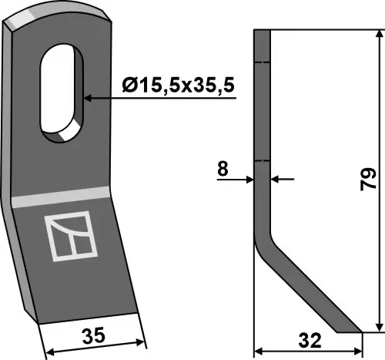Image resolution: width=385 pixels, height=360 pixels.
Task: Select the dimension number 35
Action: [x=94, y=336]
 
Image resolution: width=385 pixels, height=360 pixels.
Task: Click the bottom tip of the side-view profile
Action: [x=350, y=331]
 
